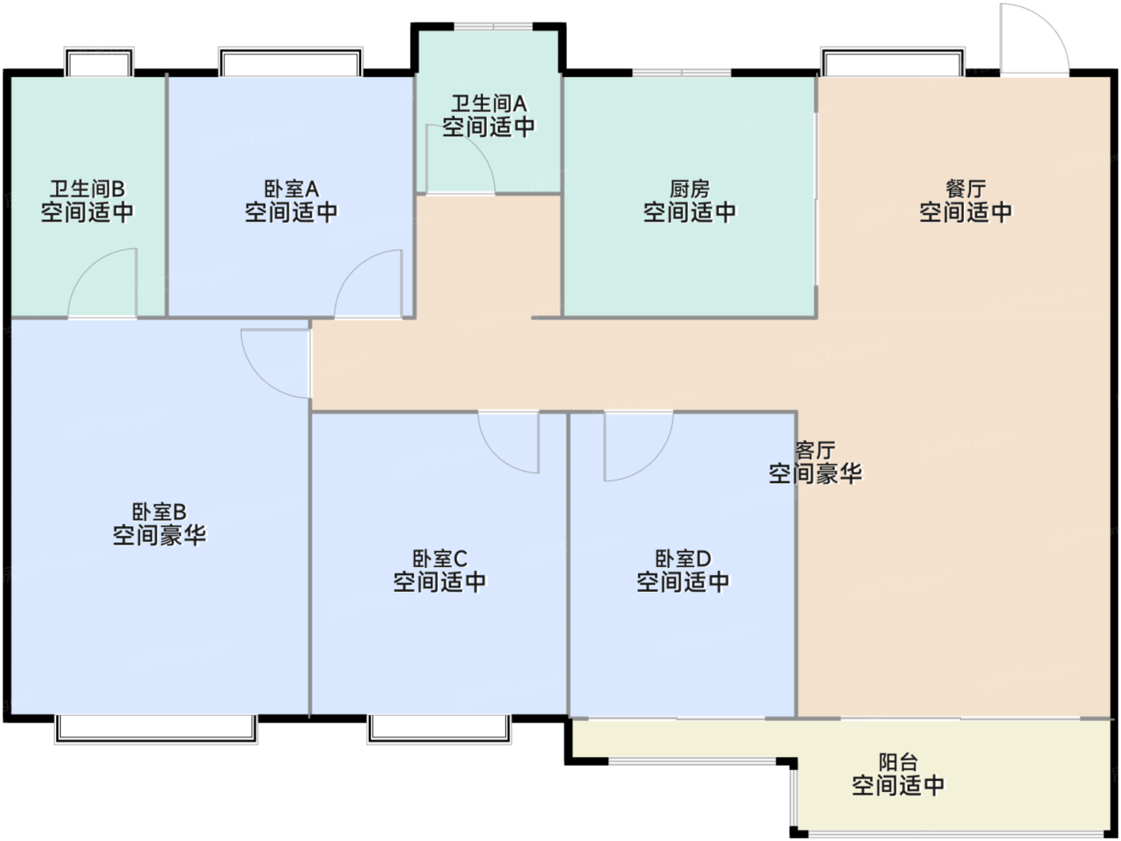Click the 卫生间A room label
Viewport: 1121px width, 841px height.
(x=488, y=104)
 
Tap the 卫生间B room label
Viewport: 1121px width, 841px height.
(x=86, y=190)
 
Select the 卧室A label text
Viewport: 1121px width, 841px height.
(x=291, y=190)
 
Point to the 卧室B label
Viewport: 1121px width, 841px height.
(x=159, y=512)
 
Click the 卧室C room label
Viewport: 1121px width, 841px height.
(x=440, y=559)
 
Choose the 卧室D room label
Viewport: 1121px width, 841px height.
(x=683, y=559)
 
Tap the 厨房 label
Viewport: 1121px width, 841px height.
(x=689, y=190)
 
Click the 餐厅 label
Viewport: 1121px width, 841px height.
(x=965, y=190)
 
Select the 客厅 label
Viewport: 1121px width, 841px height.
(x=815, y=451)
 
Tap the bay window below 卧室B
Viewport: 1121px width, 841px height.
(x=156, y=730)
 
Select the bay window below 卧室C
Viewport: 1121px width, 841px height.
(x=440, y=730)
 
